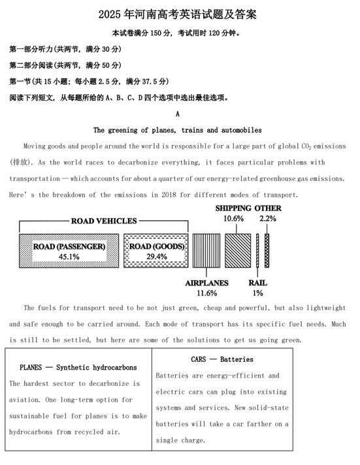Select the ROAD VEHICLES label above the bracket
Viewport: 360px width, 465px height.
(x=104, y=221)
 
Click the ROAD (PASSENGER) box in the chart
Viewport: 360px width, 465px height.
(x=69, y=251)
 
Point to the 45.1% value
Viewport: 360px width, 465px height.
(x=69, y=257)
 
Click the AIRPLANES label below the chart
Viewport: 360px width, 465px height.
(x=206, y=283)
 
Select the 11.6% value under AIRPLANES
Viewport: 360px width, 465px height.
(x=206, y=293)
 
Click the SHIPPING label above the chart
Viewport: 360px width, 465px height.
(x=234, y=208)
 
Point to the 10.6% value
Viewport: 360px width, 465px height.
(x=234, y=219)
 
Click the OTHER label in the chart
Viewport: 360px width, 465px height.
(x=269, y=208)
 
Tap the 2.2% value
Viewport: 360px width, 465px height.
(x=268, y=219)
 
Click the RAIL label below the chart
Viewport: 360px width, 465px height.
(x=257, y=283)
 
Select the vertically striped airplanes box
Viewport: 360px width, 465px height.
(x=206, y=250)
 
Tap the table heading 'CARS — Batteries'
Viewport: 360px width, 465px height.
(x=222, y=359)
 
